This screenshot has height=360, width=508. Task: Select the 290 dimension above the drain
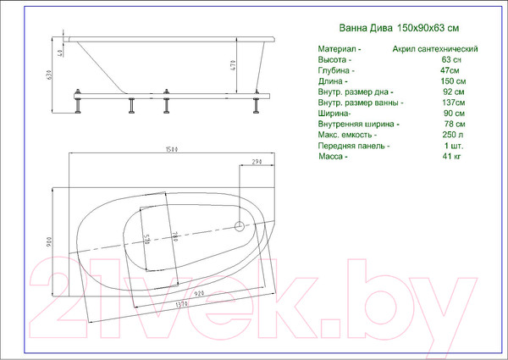257,162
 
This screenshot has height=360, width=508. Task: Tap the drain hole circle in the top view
240,226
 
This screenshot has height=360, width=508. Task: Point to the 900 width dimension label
51,241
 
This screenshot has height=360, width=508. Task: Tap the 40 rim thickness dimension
62,53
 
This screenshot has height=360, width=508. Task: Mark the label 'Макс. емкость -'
347,134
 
